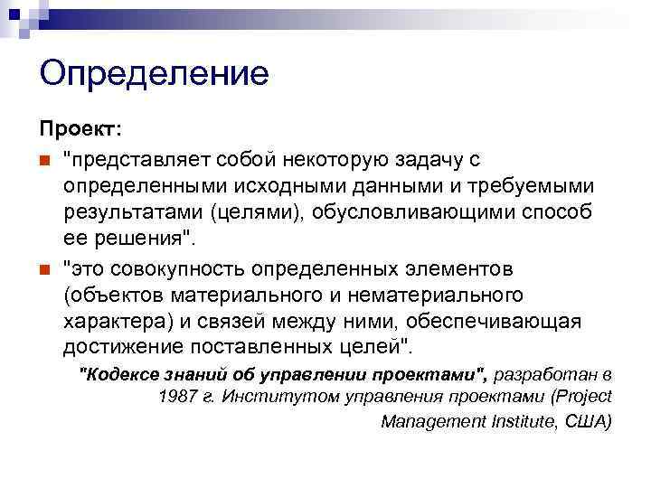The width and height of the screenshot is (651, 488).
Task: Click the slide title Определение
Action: pos(154,73)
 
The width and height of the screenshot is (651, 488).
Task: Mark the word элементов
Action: pos(457,270)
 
